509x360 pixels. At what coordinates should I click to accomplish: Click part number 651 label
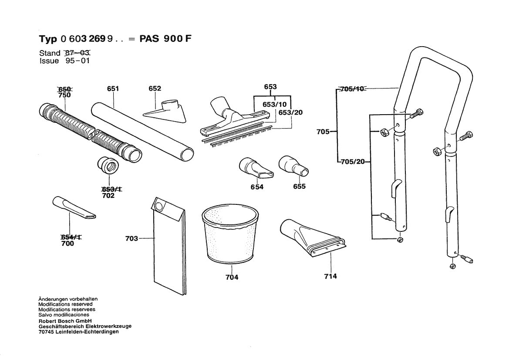click(x=113, y=88)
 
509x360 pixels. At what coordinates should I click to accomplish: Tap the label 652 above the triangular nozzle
click(x=155, y=88)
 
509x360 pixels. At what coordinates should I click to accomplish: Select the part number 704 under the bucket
click(x=232, y=277)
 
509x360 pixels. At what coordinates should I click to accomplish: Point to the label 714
click(x=330, y=276)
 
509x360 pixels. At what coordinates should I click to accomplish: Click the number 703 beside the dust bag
click(x=131, y=238)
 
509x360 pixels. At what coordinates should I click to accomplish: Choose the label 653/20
click(x=291, y=112)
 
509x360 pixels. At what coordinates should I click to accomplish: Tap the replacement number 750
click(x=64, y=95)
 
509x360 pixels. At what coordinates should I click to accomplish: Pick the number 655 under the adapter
click(x=299, y=187)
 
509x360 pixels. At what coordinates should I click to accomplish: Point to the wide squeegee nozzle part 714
click(x=311, y=238)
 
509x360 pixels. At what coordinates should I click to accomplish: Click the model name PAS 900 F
click(x=165, y=38)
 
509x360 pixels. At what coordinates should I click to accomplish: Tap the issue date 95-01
click(x=77, y=61)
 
